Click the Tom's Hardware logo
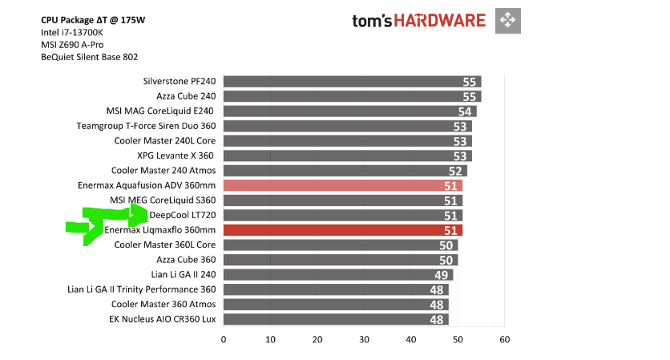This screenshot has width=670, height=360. pyautogui.click(x=418, y=20)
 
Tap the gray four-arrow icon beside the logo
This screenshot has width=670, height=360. pyautogui.click(x=507, y=20)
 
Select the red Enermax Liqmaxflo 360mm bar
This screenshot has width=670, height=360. pyautogui.click(x=342, y=230)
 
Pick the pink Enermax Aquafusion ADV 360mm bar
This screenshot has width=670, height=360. pyautogui.click(x=342, y=185)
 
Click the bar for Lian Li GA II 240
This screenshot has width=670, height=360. pyautogui.click(x=337, y=275)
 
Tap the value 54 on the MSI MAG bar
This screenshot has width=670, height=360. pyautogui.click(x=465, y=111)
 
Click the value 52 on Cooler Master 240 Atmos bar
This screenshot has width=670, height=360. pyautogui.click(x=455, y=171)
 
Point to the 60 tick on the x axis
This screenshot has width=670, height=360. pyautogui.click(x=504, y=340)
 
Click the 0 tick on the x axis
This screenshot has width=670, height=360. pyautogui.click(x=224, y=340)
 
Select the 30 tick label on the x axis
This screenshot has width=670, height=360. pyautogui.click(x=364, y=340)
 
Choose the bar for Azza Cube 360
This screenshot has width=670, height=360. pyautogui.click(x=340, y=260)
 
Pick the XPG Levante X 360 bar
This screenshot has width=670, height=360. pyautogui.click(x=347, y=156)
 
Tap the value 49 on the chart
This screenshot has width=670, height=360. pyautogui.click(x=441, y=275)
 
